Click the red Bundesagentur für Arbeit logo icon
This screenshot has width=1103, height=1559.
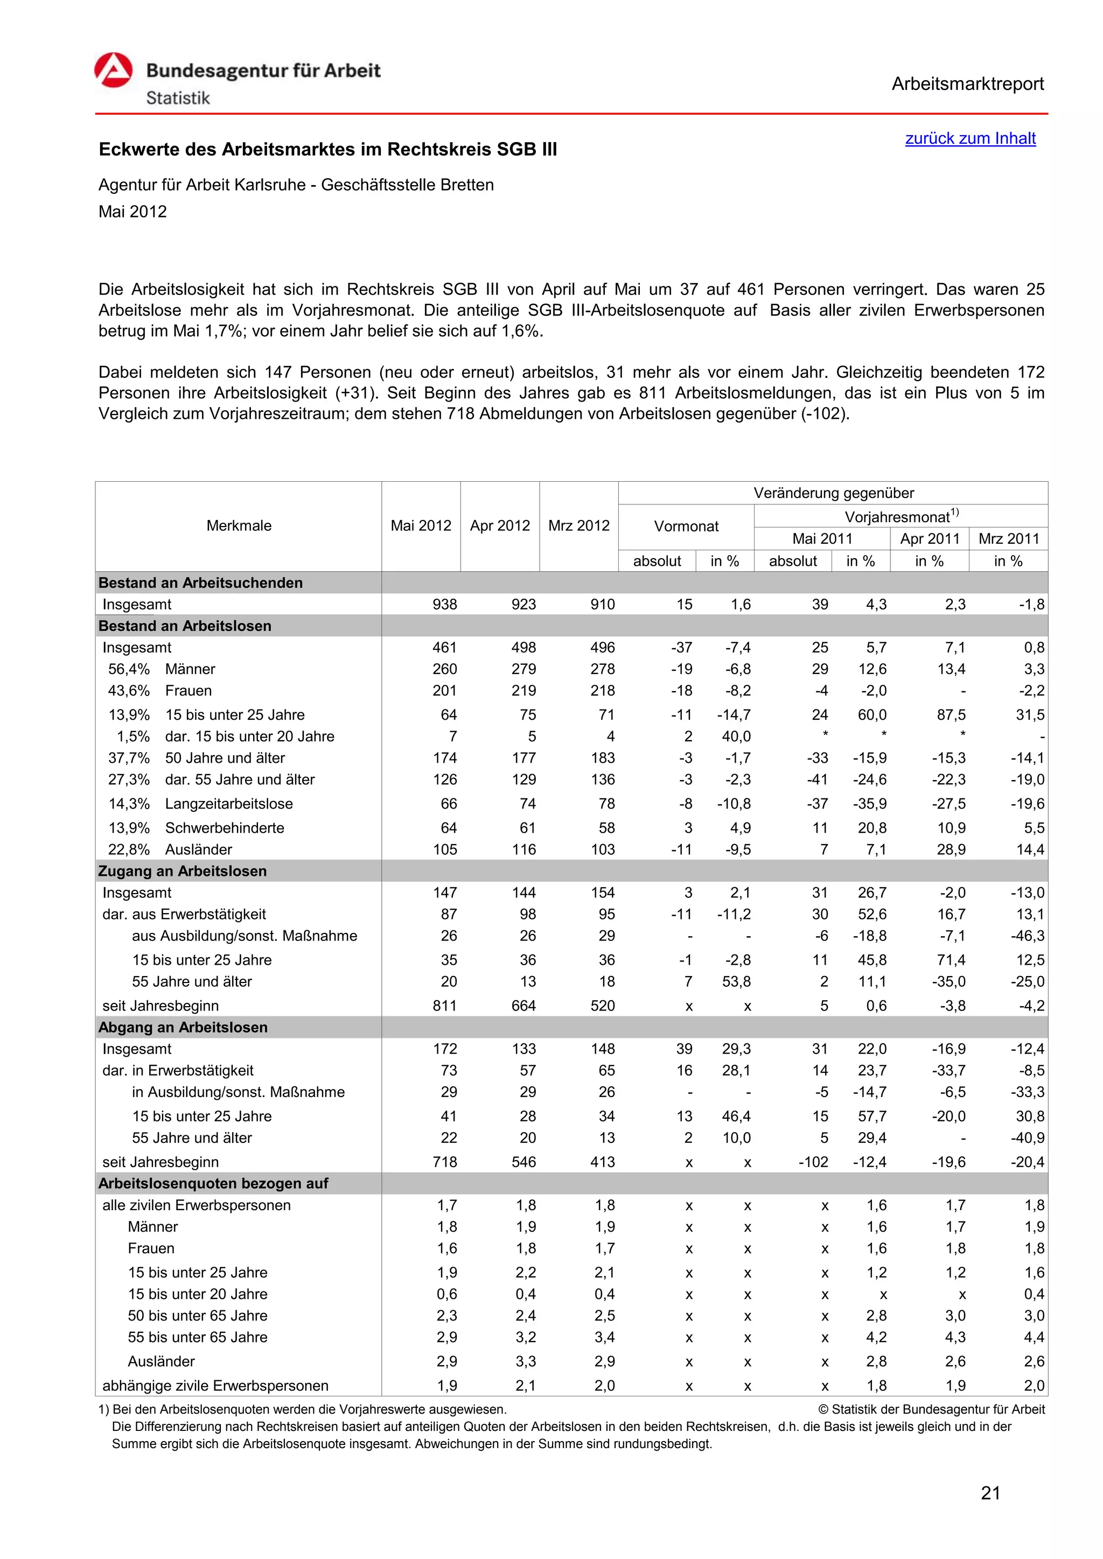[x=114, y=71]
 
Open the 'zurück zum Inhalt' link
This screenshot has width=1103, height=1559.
[x=970, y=138]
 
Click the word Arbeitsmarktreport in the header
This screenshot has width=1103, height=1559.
[x=967, y=84]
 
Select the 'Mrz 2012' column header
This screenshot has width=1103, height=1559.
[x=578, y=525]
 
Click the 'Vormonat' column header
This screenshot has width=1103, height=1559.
[x=686, y=526]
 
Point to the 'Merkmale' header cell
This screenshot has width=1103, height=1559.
[x=239, y=525]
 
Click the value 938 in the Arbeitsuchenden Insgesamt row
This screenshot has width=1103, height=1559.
[x=445, y=605]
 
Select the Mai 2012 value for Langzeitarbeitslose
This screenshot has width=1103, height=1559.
[x=449, y=803]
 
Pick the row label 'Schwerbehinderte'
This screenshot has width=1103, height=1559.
[x=224, y=828]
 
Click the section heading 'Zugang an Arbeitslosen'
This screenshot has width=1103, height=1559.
[x=182, y=871]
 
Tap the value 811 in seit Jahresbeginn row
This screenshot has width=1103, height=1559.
[x=445, y=1006]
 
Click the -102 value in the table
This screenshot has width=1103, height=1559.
[x=813, y=1162]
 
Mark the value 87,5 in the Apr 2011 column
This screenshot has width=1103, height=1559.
[x=951, y=714]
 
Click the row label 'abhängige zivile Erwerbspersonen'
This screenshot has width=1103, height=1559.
[x=215, y=1385]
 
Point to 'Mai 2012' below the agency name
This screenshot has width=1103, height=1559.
[x=132, y=212]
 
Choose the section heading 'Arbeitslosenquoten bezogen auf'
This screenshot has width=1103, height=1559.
[x=213, y=1183]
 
